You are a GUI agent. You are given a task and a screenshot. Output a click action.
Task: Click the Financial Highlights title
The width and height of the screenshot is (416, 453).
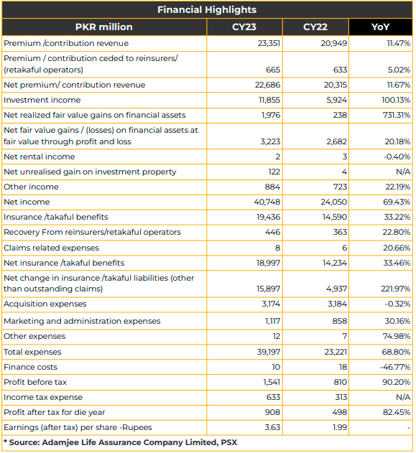tap(207, 10)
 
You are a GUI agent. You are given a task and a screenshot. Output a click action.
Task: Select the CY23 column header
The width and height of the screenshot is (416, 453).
tap(244, 27)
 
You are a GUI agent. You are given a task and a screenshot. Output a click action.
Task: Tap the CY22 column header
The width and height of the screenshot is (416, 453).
tap(315, 27)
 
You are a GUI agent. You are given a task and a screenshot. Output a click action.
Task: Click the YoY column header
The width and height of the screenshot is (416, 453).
tap(380, 27)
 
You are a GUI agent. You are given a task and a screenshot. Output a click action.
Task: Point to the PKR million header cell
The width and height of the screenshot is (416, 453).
tap(103, 27)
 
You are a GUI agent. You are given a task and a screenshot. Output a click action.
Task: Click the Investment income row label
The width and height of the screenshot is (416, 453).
tap(42, 100)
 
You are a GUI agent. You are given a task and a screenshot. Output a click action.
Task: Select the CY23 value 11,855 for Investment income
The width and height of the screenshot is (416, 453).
tap(269, 100)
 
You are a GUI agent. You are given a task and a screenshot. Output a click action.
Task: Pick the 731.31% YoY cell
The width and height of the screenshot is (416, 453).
tap(397, 115)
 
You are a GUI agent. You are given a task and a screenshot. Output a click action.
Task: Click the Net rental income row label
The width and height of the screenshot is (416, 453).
tap(40, 157)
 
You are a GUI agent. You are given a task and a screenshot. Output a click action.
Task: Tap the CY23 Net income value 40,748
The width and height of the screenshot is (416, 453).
tap(267, 202)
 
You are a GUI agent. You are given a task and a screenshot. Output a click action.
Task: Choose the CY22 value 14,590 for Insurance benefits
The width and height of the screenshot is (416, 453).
tap(335, 217)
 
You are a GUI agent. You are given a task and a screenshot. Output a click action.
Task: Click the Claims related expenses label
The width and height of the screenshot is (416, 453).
tap(51, 248)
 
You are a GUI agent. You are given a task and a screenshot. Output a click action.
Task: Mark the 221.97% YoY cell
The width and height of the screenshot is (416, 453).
tap(395, 289)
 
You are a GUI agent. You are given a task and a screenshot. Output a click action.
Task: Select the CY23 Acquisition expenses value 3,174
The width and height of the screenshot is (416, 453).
tap(271, 304)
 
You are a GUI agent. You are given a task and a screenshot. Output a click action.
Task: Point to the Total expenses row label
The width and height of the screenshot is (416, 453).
tap(32, 352)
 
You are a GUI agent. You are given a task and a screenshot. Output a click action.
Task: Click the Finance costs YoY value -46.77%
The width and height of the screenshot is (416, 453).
tap(395, 367)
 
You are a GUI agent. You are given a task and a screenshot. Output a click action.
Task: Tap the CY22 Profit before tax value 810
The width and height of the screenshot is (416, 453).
tap(340, 382)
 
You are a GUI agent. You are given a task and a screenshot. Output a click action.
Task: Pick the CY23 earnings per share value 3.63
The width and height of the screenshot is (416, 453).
tap(272, 427)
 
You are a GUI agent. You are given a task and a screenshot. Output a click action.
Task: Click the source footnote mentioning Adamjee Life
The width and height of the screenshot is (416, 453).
tap(120, 442)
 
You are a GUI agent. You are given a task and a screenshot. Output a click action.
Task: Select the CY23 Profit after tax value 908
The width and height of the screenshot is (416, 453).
tap(272, 412)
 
